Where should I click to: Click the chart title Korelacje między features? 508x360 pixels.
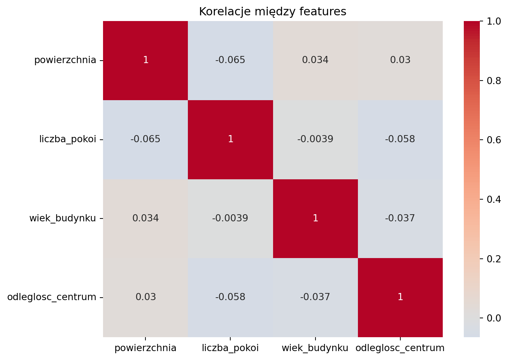(x=272, y=12)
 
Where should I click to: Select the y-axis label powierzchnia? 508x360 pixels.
(x=65, y=60)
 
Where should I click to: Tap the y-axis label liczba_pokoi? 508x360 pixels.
(x=68, y=139)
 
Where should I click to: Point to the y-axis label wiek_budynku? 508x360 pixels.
(x=63, y=218)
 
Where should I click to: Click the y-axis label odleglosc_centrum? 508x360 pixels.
(x=52, y=297)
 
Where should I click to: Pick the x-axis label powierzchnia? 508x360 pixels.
(x=145, y=348)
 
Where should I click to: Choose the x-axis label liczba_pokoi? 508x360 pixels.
(x=230, y=348)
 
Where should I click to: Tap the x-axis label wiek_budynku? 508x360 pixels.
(x=315, y=348)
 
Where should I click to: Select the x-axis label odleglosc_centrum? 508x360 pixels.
(x=400, y=348)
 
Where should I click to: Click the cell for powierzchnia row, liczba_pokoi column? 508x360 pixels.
(x=230, y=60)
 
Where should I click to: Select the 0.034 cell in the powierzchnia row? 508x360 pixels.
(x=315, y=60)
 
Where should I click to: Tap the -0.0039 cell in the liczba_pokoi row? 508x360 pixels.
(x=315, y=139)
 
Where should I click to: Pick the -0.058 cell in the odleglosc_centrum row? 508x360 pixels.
(x=230, y=297)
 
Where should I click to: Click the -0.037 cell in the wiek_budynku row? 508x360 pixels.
(x=400, y=218)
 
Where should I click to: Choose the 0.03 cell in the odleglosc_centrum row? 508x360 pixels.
(x=145, y=297)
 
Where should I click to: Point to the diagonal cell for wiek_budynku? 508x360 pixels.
(x=315, y=218)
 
